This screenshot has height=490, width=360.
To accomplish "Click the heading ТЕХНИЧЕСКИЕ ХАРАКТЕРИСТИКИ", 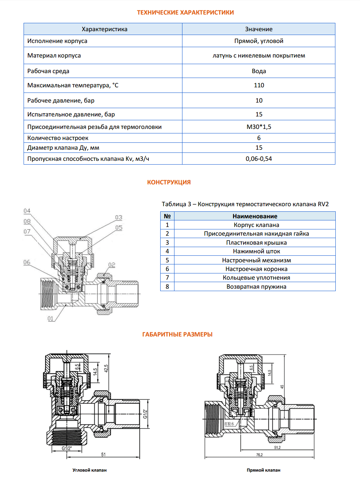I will click(x=185, y=12).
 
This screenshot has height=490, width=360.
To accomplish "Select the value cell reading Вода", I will click(x=259, y=71).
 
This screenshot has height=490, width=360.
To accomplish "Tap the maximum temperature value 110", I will click(x=259, y=85).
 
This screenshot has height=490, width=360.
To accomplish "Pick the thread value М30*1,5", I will click(x=259, y=127).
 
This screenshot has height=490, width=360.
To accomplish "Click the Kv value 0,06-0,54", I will click(x=259, y=159).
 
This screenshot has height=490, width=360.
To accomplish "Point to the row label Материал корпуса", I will click(x=54, y=55).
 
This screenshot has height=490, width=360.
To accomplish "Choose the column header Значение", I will click(x=259, y=29).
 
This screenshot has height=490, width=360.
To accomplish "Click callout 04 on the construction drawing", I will click(x=27, y=211).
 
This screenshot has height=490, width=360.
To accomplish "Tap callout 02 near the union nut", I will click(x=112, y=265).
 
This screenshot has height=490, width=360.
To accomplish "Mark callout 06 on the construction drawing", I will click(x=27, y=262).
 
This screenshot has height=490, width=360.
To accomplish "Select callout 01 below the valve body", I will click(x=51, y=318).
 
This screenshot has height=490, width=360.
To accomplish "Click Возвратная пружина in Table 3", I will click(x=256, y=287).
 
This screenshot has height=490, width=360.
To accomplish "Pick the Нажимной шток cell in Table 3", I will click(x=256, y=251).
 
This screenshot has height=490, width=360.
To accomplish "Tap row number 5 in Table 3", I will click(x=167, y=260).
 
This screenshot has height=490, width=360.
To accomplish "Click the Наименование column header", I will click(x=255, y=216).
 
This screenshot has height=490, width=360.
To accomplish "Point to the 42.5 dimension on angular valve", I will click(x=106, y=368).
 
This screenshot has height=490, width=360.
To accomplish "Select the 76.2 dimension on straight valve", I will click(x=259, y=455).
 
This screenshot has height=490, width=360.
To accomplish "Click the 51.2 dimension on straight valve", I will click(x=277, y=447).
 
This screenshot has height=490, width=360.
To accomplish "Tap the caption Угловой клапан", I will click(x=89, y=470).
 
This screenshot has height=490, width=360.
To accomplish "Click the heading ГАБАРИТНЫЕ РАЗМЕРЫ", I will click(x=177, y=334).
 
